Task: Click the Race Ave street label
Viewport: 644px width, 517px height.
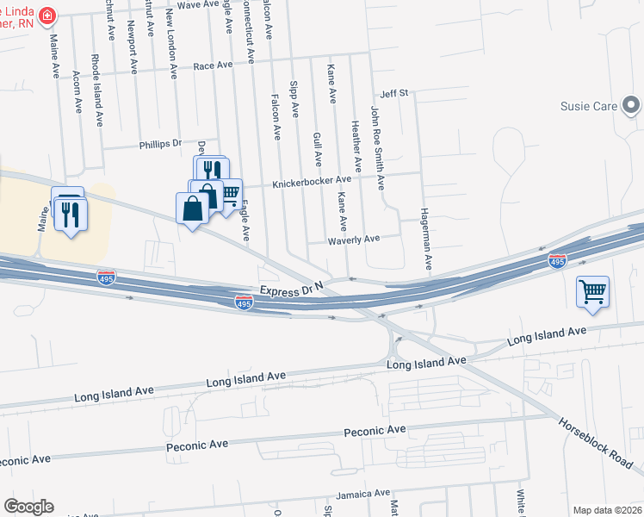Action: click(x=213, y=65)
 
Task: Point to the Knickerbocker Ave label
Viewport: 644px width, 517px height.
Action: click(x=312, y=182)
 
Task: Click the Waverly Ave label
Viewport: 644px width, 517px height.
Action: click(x=353, y=240)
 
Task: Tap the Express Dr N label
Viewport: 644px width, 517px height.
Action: click(x=294, y=290)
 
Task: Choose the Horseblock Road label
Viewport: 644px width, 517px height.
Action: click(x=595, y=441)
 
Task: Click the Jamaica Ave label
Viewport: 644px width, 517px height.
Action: click(x=362, y=494)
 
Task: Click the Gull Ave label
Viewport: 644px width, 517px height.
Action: click(x=318, y=149)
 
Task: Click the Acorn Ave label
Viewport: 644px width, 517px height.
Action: click(x=77, y=93)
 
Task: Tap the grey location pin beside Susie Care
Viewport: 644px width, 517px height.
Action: click(x=632, y=107)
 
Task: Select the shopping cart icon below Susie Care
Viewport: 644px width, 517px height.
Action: click(x=592, y=292)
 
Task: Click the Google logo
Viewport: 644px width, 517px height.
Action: click(x=28, y=507)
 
